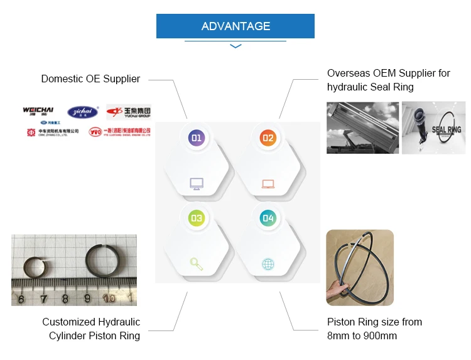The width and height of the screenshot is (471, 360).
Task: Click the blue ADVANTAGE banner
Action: (x=235, y=26)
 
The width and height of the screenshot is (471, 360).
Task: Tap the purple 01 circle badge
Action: (x=197, y=138)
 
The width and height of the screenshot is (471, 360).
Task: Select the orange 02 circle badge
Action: (x=268, y=138)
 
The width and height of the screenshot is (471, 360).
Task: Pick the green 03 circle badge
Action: (x=197, y=218)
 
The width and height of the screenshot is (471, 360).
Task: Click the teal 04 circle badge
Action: (x=268, y=218)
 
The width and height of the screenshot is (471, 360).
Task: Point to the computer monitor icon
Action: (x=197, y=184)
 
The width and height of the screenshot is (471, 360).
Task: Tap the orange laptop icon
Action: (x=268, y=184)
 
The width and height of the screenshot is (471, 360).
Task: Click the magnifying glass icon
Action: (x=197, y=265)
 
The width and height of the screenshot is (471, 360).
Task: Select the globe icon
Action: (x=268, y=265)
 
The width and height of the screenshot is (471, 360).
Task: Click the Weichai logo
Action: (x=38, y=111)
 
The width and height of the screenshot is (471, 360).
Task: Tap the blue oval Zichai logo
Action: (x=83, y=112)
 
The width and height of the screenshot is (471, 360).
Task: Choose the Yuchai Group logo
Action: (x=129, y=112)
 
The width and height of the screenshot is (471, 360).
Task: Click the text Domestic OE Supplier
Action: (x=90, y=79)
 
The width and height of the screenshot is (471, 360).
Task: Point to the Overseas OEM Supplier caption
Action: (x=389, y=80)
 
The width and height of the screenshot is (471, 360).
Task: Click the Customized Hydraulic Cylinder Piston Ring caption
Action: (x=91, y=329)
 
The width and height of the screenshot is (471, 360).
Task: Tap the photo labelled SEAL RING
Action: (x=433, y=128)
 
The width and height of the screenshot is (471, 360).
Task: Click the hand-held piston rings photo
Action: (x=360, y=267)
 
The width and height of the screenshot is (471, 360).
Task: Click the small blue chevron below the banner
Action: (x=235, y=46)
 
